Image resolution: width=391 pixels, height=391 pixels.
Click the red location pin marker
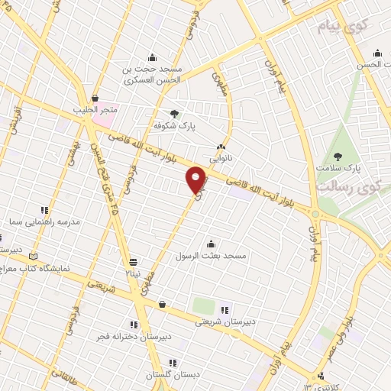click(x=196, y=179)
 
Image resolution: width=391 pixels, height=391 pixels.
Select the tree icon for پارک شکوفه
click(x=175, y=114)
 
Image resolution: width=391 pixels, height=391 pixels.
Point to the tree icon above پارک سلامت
click(x=338, y=156)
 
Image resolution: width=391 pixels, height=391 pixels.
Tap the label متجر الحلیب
click(x=93, y=109)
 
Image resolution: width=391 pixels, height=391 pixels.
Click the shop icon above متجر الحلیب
click(x=94, y=98)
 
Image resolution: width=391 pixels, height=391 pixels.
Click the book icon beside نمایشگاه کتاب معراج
click(x=32, y=257)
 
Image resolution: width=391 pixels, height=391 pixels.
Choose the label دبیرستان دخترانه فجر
click(x=134, y=336)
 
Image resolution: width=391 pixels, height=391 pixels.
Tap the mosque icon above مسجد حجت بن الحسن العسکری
click(x=153, y=56)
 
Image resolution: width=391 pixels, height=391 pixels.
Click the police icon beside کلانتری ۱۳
click(x=322, y=376)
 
